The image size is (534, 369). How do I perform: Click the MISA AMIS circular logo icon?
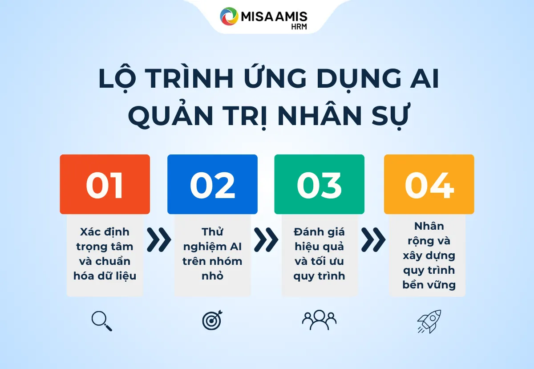click(229, 16)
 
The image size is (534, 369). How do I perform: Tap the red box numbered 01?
click(105, 184)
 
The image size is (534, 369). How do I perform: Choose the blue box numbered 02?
click(212, 184)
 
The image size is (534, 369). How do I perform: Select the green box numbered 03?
click(319, 184)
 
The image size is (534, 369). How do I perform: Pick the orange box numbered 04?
click(429, 184)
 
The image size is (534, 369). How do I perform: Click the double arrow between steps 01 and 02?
click(158, 240)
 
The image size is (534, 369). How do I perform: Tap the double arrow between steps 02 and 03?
click(266, 240)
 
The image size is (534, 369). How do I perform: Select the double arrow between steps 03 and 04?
click(373, 240)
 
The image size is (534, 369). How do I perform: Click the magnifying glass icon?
click(101, 321)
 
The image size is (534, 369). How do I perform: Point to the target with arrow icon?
click(212, 320)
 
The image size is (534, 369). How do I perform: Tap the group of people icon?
click(319, 320)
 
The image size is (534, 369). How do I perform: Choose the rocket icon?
click(429, 321)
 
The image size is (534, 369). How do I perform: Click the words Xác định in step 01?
click(105, 232)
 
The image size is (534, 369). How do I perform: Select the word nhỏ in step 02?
click(212, 276)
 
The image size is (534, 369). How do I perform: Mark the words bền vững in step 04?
click(429, 285)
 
